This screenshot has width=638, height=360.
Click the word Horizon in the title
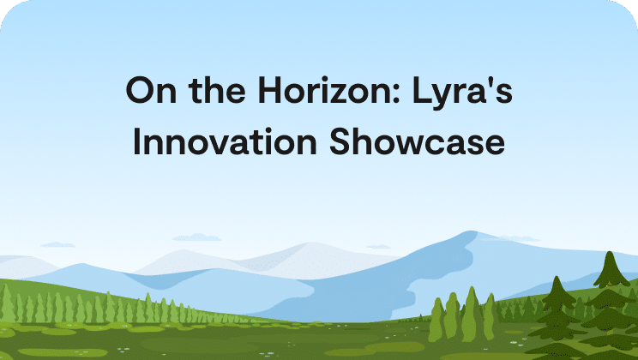point(329,90)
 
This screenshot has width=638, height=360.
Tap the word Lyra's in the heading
point(462,93)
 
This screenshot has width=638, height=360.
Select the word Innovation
point(225,141)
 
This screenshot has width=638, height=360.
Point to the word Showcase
point(417,141)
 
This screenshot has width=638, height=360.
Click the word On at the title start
point(151,90)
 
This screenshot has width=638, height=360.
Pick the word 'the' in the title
point(217,90)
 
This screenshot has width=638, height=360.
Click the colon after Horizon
point(397,93)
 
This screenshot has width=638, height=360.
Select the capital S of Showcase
point(340,141)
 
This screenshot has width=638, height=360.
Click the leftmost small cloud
point(57,244)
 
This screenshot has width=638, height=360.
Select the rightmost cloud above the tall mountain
point(511,238)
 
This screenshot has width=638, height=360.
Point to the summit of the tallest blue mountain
point(471,231)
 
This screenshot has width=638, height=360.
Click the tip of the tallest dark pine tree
point(610,251)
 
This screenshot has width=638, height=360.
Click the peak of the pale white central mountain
point(312,243)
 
